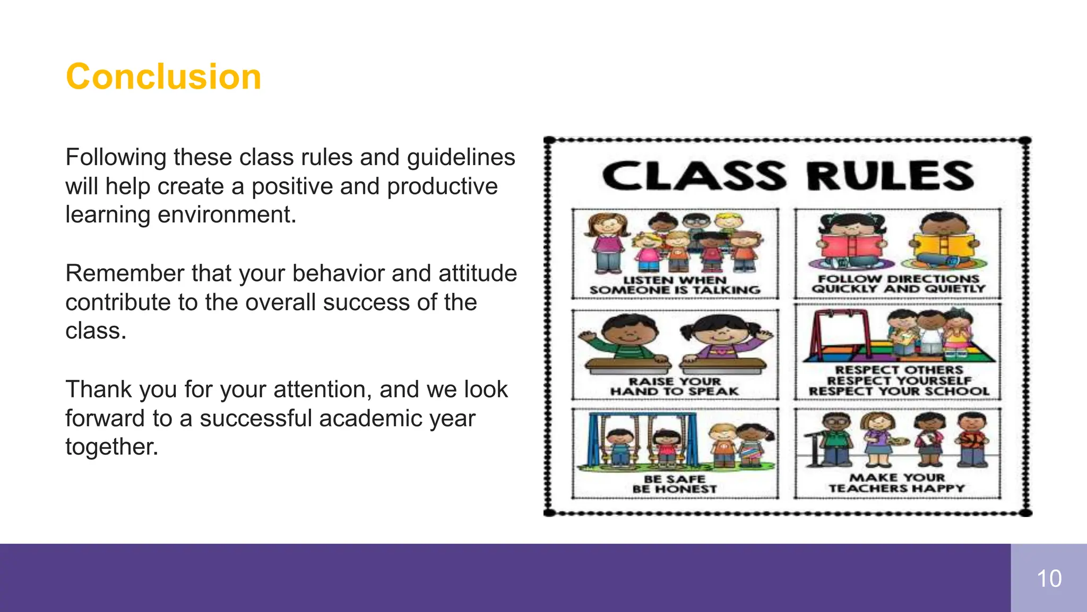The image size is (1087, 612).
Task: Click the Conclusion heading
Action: (x=163, y=77)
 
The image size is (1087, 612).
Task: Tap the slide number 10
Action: (x=1049, y=579)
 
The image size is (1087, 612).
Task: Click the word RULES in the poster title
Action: (x=890, y=176)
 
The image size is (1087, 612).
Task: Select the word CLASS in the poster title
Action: (x=694, y=176)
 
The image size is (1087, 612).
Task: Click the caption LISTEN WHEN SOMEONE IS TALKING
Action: (x=675, y=285)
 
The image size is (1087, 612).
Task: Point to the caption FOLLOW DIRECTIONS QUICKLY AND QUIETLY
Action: (x=898, y=284)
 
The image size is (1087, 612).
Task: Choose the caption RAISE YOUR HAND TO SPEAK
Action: (x=675, y=386)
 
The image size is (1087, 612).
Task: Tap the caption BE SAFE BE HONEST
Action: (x=675, y=484)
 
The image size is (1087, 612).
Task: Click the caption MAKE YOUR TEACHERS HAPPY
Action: (x=897, y=483)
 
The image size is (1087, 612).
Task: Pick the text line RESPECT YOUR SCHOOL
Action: (x=899, y=392)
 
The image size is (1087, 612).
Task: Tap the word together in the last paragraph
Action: (x=112, y=447)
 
